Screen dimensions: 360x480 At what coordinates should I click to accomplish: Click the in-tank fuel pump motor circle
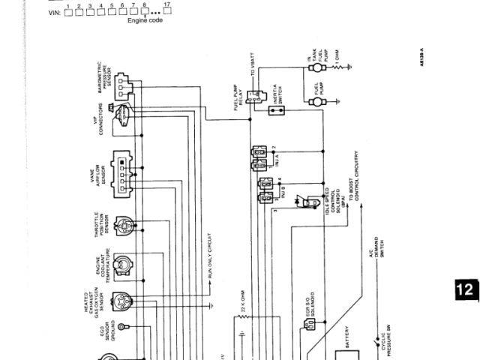pyautogui.click(x=315, y=67)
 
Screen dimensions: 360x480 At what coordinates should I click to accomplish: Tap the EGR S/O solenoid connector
pyautogui.click(x=310, y=325)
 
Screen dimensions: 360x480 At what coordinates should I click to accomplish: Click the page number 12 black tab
pyautogui.click(x=466, y=290)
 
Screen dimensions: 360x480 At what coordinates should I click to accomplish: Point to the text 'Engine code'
pyautogui.click(x=145, y=21)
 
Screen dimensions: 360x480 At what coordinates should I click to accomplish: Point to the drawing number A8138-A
pyautogui.click(x=421, y=58)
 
